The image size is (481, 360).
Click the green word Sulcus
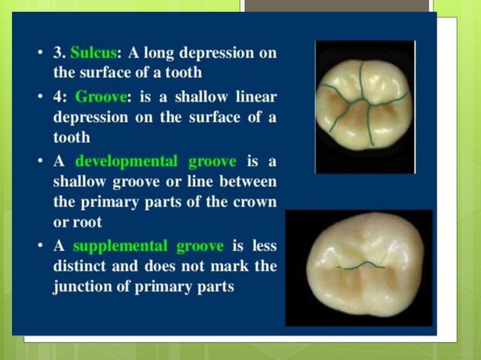(x=90, y=53)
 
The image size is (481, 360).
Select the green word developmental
(x=119, y=161)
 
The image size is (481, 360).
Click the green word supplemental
(x=117, y=246)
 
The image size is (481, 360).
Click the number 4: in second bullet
(x=60, y=96)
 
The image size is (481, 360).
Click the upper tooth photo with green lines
(x=365, y=106)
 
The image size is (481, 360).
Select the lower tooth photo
(x=359, y=267)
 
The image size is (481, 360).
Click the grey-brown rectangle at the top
(x=336, y=5)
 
